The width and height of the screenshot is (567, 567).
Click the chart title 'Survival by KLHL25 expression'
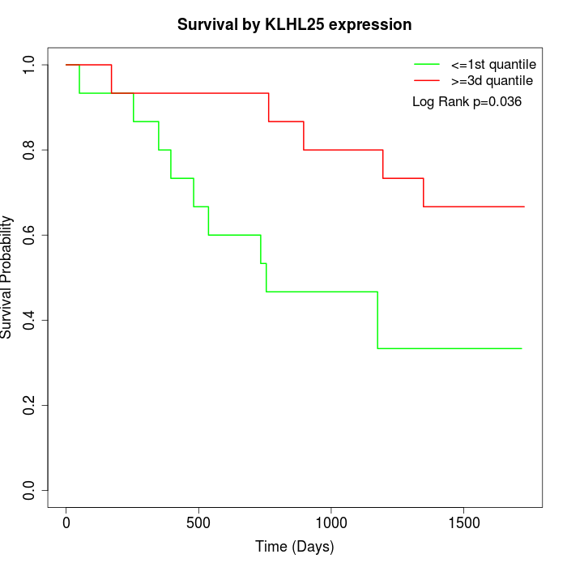click(294, 25)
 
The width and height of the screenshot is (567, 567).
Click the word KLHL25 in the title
click(296, 25)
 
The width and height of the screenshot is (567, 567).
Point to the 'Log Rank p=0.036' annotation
click(467, 102)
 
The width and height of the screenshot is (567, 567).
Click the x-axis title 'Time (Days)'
click(294, 547)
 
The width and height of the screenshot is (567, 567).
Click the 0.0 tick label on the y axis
click(29, 490)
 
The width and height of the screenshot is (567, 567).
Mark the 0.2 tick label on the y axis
click(29, 405)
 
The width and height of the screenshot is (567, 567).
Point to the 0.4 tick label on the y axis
click(29, 320)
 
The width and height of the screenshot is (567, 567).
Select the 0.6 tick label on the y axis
click(29, 235)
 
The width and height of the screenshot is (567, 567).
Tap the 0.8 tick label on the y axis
click(29, 150)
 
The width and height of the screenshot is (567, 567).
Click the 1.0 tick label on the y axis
click(29, 65)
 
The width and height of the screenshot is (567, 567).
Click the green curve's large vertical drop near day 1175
click(377, 320)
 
